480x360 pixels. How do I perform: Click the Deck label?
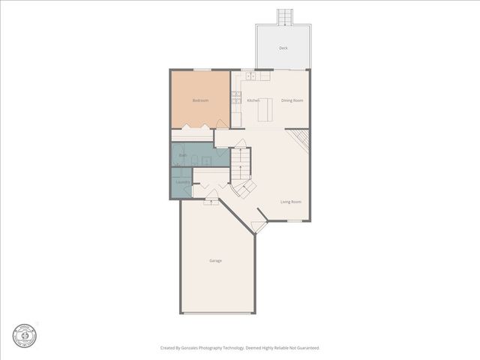coord(283,48)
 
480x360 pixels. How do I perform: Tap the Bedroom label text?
coord(200,100)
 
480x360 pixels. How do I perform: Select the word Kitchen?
coord(253,100)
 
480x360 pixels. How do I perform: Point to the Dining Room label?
coord(292,100)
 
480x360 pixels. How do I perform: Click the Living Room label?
coord(291,202)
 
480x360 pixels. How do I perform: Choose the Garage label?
coord(215,260)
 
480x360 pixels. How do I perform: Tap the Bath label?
coord(183,155)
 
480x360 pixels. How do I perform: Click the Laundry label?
coord(182,182)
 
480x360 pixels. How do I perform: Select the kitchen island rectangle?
coord(265,109)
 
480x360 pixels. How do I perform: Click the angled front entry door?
coord(259,226)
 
